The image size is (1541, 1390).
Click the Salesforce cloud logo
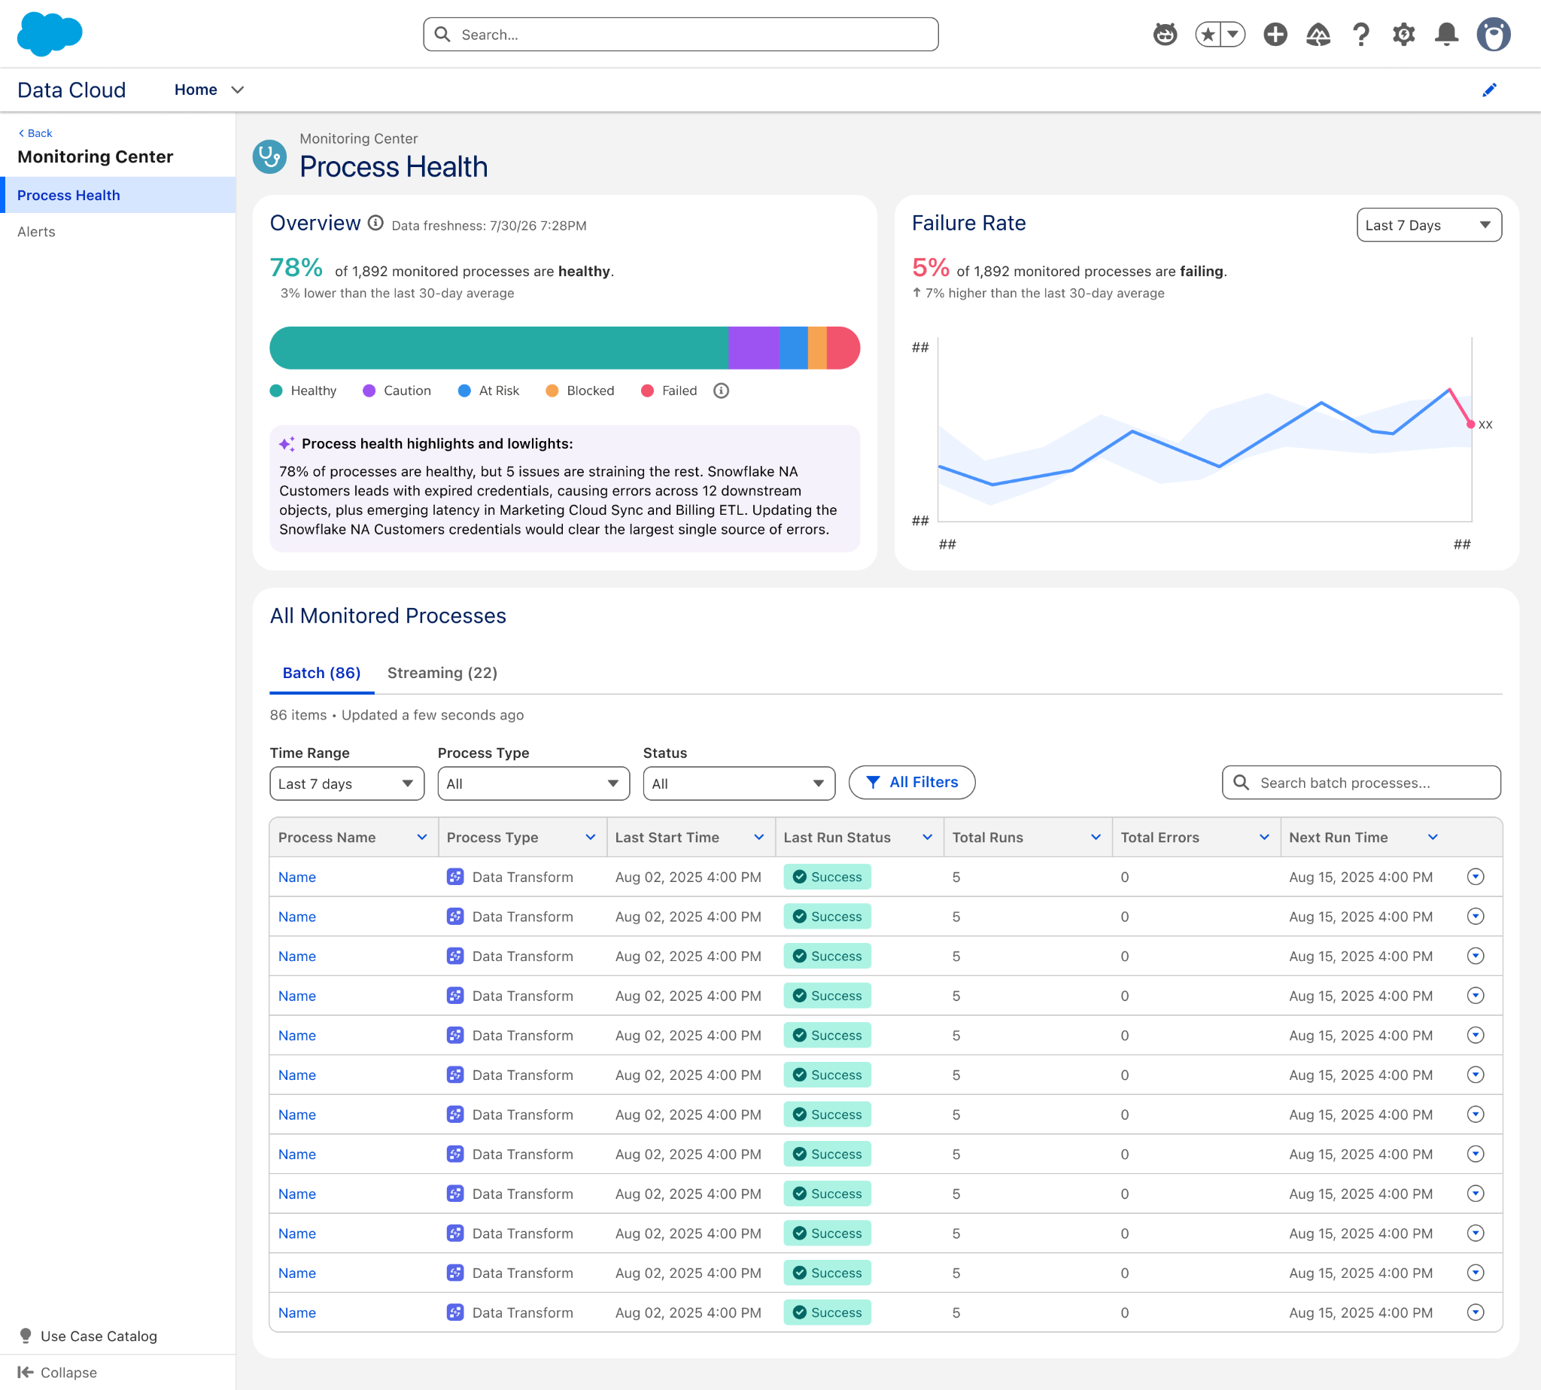pos(50,34)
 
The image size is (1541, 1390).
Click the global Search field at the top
pos(680,35)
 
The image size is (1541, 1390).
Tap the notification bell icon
pos(1446,35)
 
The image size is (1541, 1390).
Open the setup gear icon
pos(1403,35)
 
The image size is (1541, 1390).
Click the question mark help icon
pos(1360,35)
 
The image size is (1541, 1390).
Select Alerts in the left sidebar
pos(37,231)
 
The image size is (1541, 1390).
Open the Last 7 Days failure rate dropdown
pos(1429,225)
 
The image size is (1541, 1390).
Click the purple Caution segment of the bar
pos(754,348)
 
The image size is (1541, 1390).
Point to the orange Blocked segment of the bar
pos(817,348)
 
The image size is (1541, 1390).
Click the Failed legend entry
pos(669,391)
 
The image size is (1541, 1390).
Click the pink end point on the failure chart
pos(1471,424)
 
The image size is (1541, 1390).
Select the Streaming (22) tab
pos(442,673)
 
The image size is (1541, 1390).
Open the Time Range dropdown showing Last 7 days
pos(347,783)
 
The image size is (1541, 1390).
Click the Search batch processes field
pos(1362,783)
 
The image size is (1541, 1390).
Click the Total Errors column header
pos(1160,837)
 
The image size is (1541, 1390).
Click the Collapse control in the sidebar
pos(57,1373)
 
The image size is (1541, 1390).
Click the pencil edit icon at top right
pos(1489,90)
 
